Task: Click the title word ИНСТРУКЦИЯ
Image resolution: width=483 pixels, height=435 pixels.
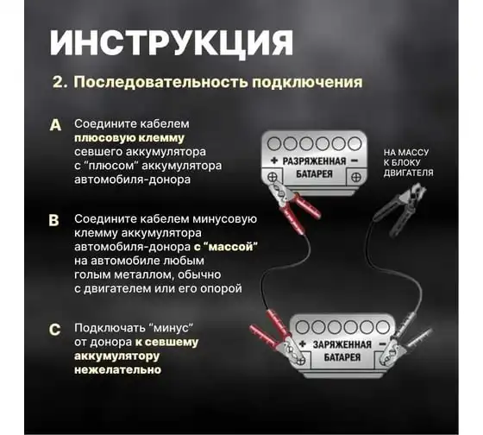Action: click(172, 43)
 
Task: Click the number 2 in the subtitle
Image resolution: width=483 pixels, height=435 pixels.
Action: click(58, 82)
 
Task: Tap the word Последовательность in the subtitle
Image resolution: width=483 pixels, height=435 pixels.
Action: click(160, 82)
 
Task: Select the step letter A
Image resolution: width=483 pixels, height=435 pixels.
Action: click(55, 125)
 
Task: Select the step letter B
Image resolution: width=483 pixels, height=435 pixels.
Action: click(53, 220)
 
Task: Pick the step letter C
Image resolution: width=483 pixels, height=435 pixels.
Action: click(54, 330)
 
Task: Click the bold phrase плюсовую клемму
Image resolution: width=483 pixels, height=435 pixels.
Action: click(129, 138)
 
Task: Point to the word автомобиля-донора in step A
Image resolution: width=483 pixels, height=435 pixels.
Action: click(133, 180)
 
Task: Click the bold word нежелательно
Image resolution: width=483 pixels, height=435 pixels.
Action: click(117, 370)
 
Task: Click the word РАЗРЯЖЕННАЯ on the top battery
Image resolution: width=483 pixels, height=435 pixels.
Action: click(314, 161)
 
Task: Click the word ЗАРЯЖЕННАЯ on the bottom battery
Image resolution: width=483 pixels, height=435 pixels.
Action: click(342, 344)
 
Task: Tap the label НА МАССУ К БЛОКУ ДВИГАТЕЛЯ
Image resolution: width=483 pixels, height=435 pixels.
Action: click(408, 163)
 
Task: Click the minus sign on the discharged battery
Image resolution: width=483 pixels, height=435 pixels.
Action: click(354, 161)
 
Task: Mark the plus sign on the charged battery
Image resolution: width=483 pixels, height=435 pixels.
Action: click(303, 344)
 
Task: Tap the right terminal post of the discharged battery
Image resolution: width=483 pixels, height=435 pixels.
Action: click(356, 177)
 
